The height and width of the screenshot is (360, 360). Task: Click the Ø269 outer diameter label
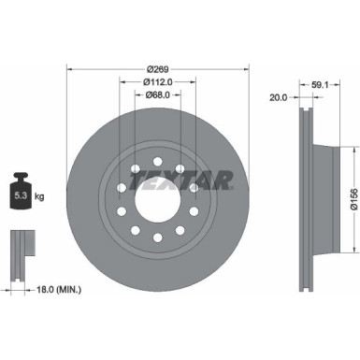[x=158, y=69]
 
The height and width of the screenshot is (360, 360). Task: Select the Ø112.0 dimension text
[x=158, y=80]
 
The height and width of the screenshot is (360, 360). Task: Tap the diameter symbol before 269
[x=148, y=69]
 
